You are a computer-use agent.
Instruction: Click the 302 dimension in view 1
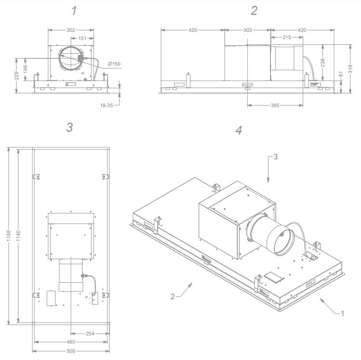tap(71, 30)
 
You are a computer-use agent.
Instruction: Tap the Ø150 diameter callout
tap(114, 64)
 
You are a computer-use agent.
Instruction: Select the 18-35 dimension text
tap(107, 105)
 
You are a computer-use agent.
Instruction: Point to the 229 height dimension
tap(16, 76)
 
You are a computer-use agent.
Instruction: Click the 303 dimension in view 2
tap(248, 30)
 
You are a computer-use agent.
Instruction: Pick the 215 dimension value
tap(287, 37)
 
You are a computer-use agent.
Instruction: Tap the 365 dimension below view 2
tap(275, 105)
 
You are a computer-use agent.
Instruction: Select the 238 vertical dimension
tap(322, 63)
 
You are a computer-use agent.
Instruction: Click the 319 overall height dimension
tap(350, 69)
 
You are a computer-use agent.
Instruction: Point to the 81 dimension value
tap(341, 74)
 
